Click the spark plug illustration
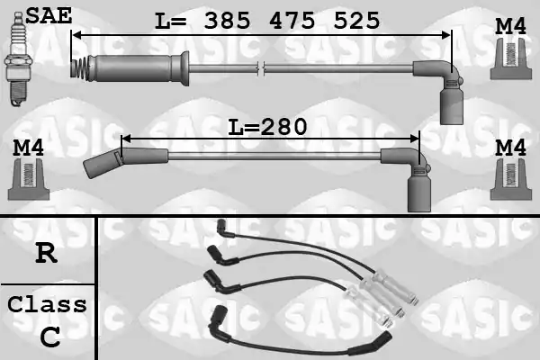tap(18, 58)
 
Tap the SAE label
tap(49, 16)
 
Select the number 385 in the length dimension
tap(227, 21)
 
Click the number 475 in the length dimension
tap(292, 21)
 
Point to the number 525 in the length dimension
tap(357, 21)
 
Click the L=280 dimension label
tap(267, 127)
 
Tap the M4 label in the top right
tap(510, 26)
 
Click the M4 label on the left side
tap(28, 148)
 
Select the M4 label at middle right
tap(510, 148)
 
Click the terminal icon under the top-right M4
tap(510, 58)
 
